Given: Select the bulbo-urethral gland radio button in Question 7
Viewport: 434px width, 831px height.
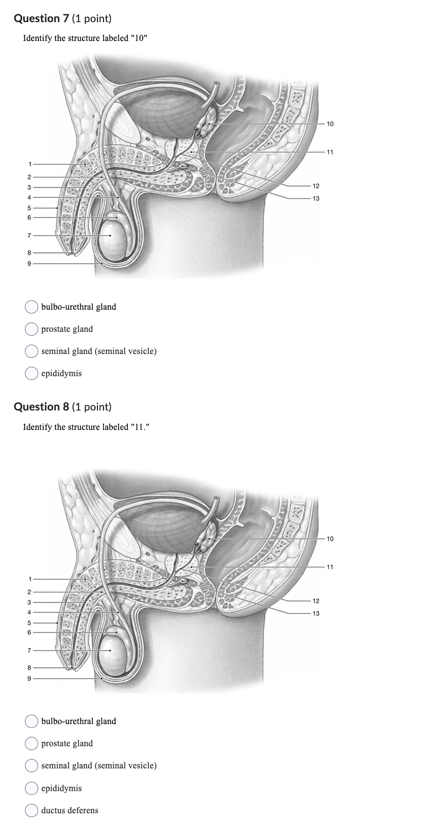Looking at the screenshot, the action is tap(32, 307).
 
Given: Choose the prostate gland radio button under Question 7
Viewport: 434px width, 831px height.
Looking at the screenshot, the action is tap(32, 329).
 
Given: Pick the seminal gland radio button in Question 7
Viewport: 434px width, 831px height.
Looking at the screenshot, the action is tap(32, 351).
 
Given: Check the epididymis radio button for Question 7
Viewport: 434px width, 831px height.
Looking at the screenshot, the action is tap(32, 373).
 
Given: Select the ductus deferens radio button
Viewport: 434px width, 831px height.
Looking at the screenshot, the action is tap(32, 811).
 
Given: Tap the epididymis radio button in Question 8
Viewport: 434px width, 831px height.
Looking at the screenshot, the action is tap(32, 788).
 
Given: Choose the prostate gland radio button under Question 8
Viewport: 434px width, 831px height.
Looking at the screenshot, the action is tap(32, 743).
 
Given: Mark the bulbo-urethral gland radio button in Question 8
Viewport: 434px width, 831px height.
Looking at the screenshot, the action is tap(32, 721).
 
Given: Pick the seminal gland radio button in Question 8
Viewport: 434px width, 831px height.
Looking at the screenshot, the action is tap(32, 766).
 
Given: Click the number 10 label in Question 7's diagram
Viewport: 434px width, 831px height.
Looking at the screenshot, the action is tap(330, 124).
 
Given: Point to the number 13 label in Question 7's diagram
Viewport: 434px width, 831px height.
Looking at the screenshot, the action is tap(316, 198).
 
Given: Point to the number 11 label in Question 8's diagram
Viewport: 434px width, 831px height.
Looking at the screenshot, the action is tap(330, 567).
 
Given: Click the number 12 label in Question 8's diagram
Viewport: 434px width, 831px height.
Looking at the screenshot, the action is tap(316, 601).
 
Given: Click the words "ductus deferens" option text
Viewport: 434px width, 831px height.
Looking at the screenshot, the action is tap(70, 811).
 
